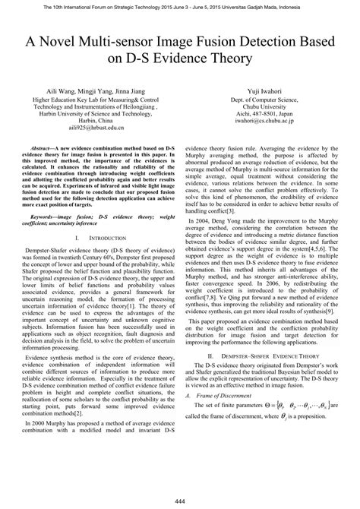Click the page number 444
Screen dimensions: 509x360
tap(180, 501)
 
